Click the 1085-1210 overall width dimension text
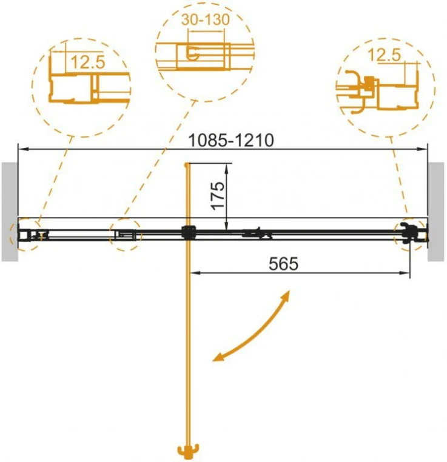click(x=231, y=140)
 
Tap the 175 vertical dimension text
click(x=218, y=196)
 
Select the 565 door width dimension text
click(x=283, y=263)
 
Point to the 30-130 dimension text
click(x=206, y=19)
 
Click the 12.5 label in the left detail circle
click(x=88, y=62)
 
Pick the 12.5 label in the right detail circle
click(x=385, y=55)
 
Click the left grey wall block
click(x=10, y=212)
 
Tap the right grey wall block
click(x=436, y=212)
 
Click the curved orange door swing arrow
click(x=255, y=332)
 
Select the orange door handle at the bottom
click(x=188, y=450)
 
